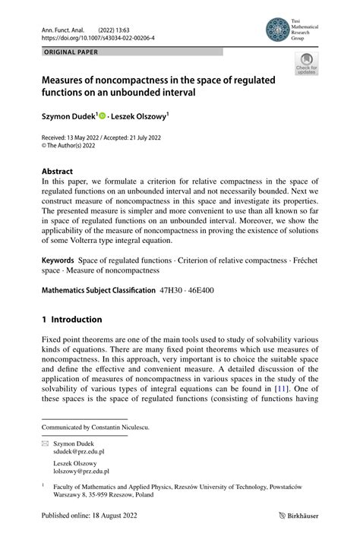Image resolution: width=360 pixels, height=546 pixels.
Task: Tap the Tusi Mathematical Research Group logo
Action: coord(278,30)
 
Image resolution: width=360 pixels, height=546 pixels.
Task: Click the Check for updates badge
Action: coord(306,64)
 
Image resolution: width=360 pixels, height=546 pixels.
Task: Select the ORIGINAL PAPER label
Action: coord(71,52)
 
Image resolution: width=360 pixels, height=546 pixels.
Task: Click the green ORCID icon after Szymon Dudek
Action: coord(103,116)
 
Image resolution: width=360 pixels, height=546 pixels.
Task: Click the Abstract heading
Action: coord(58,172)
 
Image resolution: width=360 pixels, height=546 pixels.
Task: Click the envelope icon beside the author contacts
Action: coord(45,441)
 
